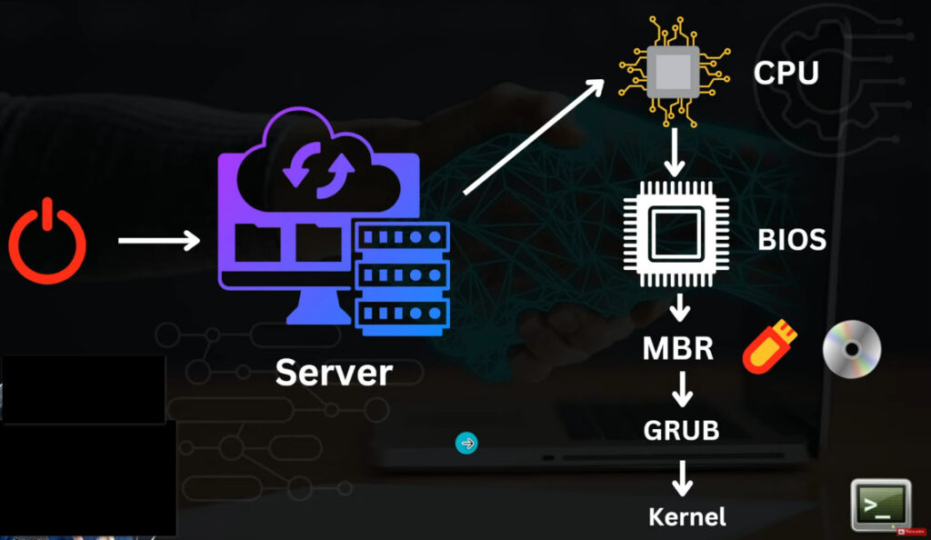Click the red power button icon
click(47, 241)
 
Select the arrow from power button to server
click(158, 241)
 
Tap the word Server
click(334, 372)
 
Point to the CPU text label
click(786, 73)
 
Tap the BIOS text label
click(792, 240)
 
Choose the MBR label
click(678, 348)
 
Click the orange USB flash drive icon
click(769, 348)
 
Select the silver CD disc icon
click(852, 349)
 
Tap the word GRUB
click(682, 430)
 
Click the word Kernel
click(687, 517)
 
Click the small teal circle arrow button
click(466, 444)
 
